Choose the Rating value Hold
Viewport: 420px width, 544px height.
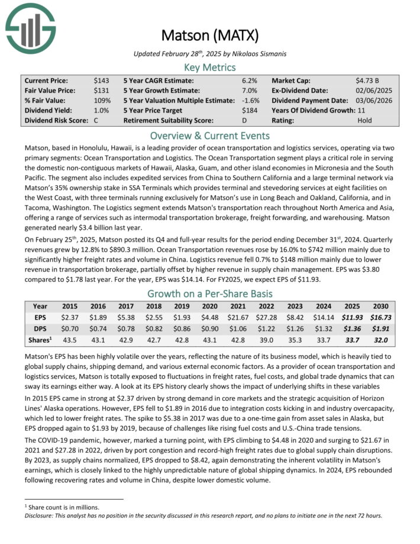tap(366, 120)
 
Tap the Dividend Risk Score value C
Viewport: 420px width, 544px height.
tap(96, 120)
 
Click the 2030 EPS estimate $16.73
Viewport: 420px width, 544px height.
tap(377, 317)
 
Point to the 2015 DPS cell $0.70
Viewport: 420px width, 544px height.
tap(71, 329)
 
